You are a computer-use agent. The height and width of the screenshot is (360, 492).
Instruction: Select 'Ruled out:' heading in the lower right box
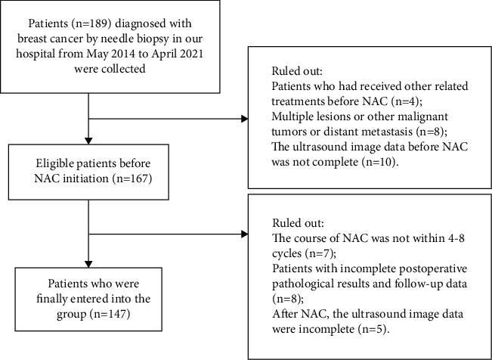[294, 224]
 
